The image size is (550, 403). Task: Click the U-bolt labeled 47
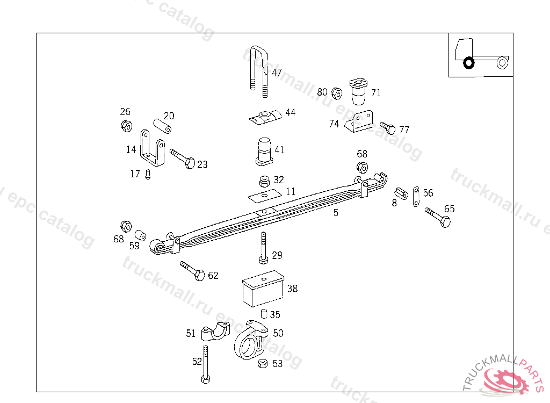(x=258, y=70)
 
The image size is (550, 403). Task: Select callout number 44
(x=290, y=113)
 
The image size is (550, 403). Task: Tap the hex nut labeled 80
(x=337, y=93)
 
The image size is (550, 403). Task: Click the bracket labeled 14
(x=151, y=147)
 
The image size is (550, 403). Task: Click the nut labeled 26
(x=126, y=127)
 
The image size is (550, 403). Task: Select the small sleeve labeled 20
(x=162, y=125)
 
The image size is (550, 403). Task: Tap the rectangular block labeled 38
(x=263, y=290)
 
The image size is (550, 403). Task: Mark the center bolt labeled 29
(x=263, y=248)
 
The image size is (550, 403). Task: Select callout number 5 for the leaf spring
(x=336, y=213)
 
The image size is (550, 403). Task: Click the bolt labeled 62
(x=192, y=271)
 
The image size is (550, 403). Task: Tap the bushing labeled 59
(x=141, y=235)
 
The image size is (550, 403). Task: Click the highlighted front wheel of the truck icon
(x=468, y=63)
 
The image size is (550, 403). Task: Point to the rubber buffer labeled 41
(x=264, y=151)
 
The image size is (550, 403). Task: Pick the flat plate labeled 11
(x=264, y=195)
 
